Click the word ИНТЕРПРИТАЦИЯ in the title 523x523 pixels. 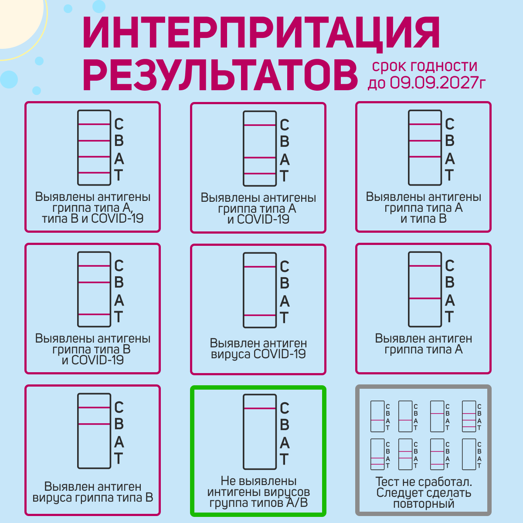point(261,33)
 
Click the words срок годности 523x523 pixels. point(425,66)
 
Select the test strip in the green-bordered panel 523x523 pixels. point(260,431)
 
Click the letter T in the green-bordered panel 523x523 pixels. point(284,459)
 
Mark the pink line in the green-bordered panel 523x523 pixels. point(260,408)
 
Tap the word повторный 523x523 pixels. point(424,504)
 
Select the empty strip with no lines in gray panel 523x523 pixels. point(469,454)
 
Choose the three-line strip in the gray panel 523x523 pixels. point(469,416)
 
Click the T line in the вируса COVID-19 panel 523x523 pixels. point(260,315)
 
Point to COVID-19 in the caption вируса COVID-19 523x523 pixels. point(279,354)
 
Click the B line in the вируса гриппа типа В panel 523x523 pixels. point(94,424)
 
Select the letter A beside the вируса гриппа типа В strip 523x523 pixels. point(119,442)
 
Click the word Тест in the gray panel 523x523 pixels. point(387,482)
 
